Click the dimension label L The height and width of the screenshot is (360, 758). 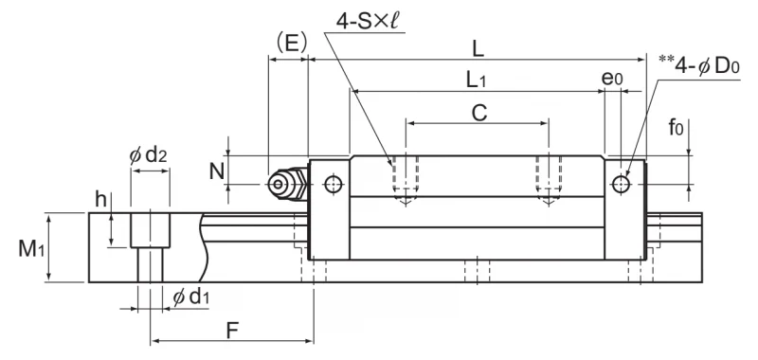(x=478, y=50)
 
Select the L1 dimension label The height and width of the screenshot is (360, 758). (x=477, y=81)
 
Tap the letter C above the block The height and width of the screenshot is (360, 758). (x=478, y=113)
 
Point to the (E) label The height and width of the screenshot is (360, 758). (x=292, y=44)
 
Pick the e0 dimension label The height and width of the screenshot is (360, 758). (x=612, y=79)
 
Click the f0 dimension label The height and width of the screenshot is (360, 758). (x=676, y=128)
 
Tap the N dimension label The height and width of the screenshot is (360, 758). (x=218, y=171)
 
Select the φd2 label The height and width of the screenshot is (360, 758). (x=148, y=155)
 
